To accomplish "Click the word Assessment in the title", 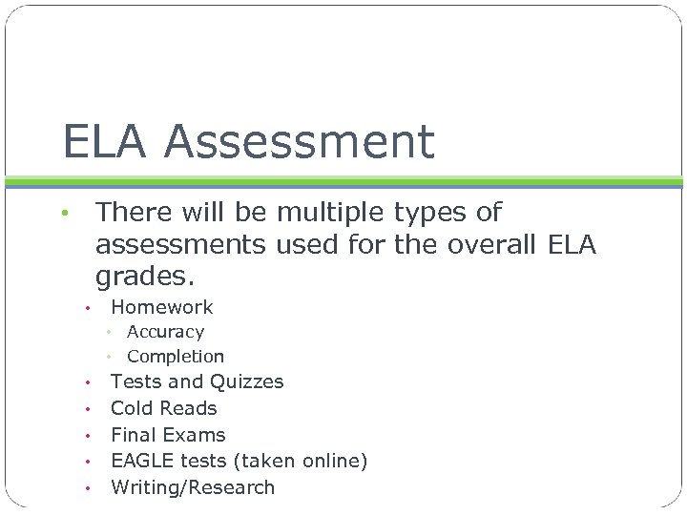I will (300, 142).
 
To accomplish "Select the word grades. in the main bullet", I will (145, 278).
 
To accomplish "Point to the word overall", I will (493, 245).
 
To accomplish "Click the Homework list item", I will (162, 307).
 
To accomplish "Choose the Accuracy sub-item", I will (165, 332).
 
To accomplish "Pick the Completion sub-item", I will (176, 357).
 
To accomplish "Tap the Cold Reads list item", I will (164, 408).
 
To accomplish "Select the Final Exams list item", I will (168, 435).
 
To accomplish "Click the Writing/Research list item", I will (193, 487).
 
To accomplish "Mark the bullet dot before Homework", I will (86, 309).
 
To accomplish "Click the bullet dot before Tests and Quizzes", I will (86, 383).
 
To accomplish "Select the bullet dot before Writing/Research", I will (86, 489).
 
